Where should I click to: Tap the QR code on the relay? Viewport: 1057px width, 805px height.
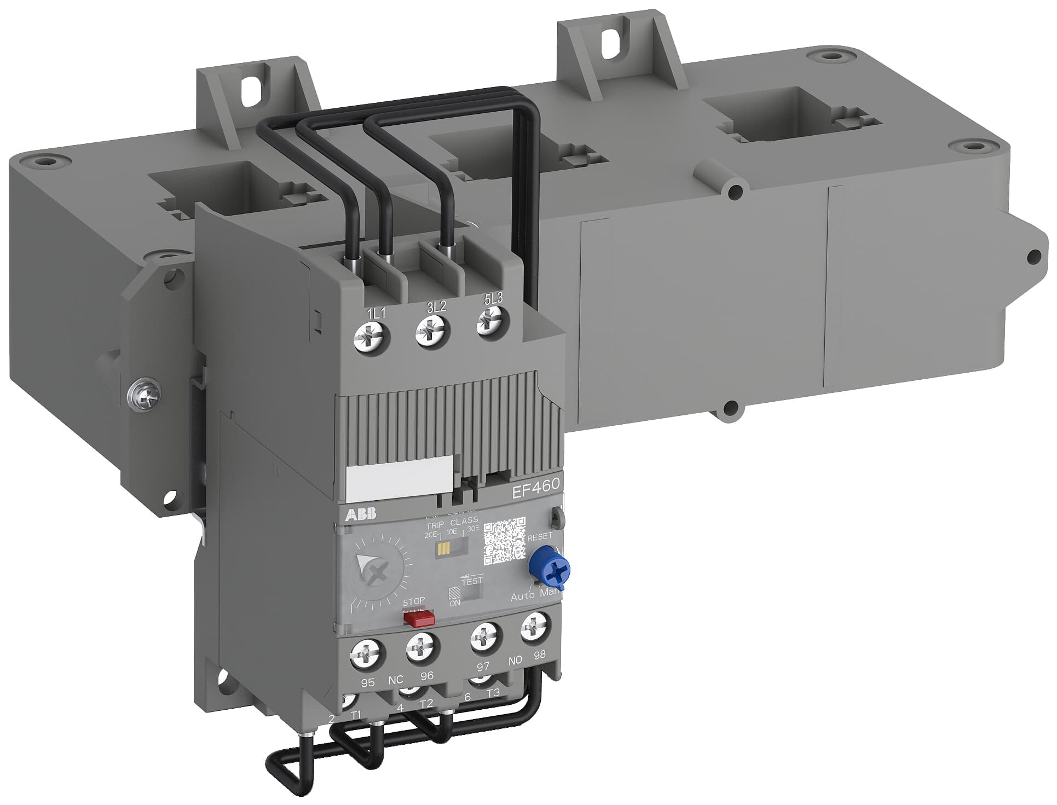[x=504, y=541]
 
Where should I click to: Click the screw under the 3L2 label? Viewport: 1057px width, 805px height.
[x=432, y=331]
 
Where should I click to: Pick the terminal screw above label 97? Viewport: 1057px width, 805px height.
[x=486, y=636]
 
